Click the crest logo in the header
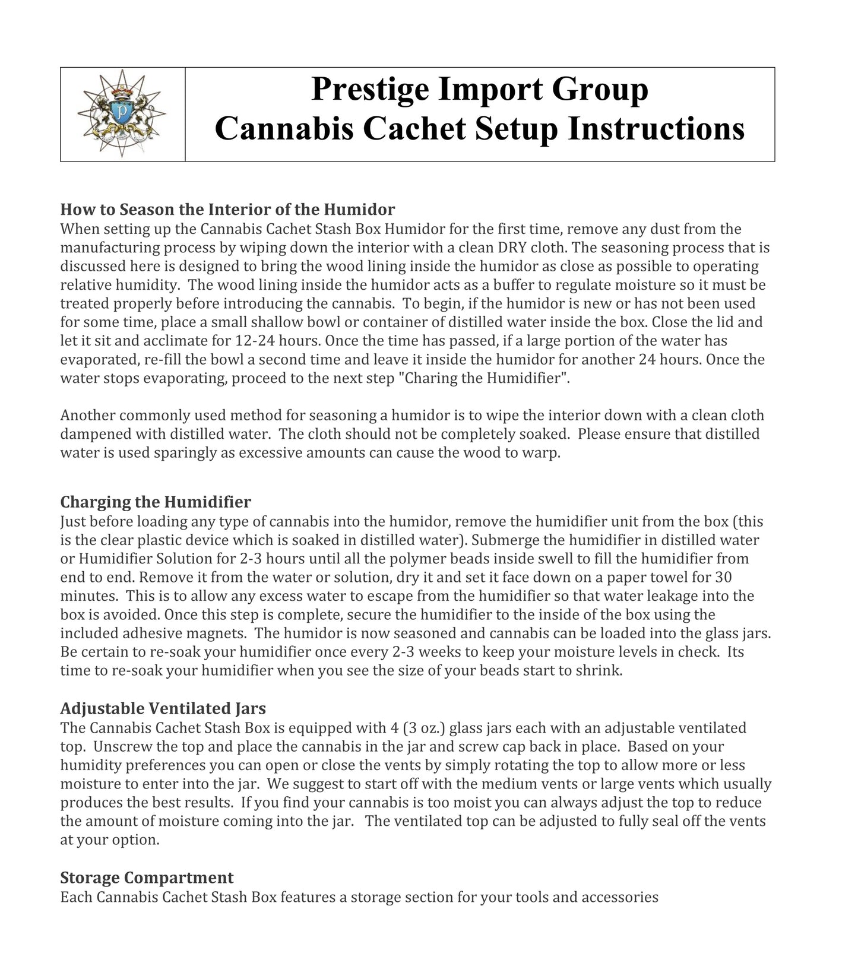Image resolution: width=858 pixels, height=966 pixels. (122, 113)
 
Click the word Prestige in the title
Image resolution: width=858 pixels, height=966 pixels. (367, 89)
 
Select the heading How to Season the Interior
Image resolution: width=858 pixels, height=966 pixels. (227, 210)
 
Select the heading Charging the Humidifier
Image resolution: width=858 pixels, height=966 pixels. (156, 502)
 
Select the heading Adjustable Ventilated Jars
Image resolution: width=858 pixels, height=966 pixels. (163, 708)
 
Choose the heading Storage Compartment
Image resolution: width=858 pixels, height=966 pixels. (147, 878)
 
